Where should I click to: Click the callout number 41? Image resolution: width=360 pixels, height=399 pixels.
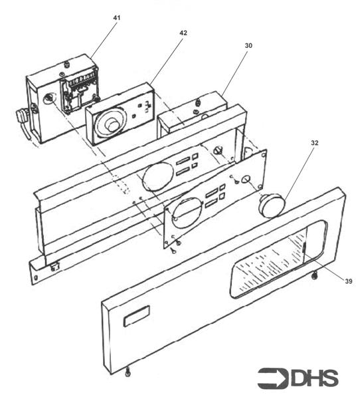[x=116, y=15]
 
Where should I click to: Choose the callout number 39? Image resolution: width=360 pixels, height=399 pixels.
[x=348, y=281]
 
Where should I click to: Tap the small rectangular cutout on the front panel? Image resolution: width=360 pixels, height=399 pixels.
[x=136, y=318]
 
